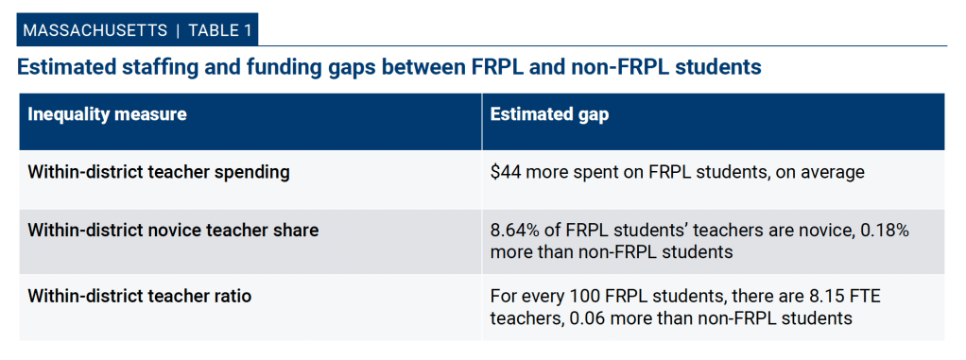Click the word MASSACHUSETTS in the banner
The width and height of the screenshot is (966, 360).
pyautogui.click(x=95, y=30)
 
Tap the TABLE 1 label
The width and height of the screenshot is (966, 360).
pyautogui.click(x=220, y=30)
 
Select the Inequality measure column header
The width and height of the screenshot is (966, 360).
pyautogui.click(x=107, y=114)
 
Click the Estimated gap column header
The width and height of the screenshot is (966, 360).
pyautogui.click(x=549, y=114)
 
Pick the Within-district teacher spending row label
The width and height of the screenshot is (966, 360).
pyautogui.click(x=159, y=172)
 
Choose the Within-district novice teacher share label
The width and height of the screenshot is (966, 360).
pyautogui.click(x=173, y=231)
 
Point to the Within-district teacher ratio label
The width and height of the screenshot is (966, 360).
pyautogui.click(x=139, y=296)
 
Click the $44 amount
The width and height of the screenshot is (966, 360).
pyautogui.click(x=503, y=172)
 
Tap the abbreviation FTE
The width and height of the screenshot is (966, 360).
pyautogui.click(x=864, y=297)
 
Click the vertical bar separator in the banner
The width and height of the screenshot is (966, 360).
pyautogui.click(x=178, y=31)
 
